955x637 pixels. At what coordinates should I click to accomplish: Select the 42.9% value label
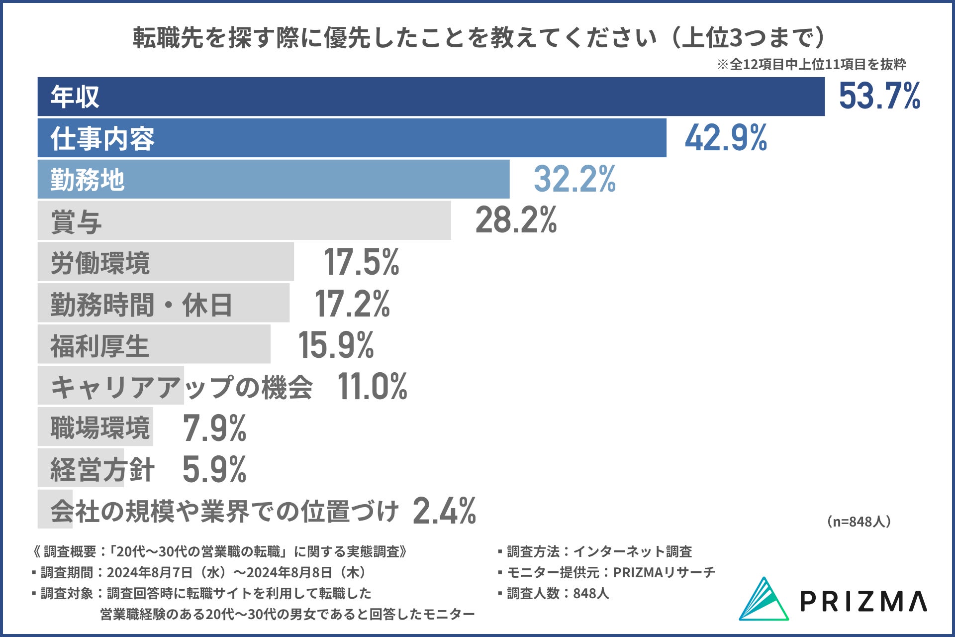[x=726, y=138]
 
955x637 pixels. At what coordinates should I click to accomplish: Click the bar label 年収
[x=75, y=97]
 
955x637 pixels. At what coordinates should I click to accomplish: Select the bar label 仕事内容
[x=102, y=138]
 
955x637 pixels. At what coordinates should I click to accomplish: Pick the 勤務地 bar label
[x=87, y=180]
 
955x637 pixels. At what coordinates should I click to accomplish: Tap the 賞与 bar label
[x=76, y=221]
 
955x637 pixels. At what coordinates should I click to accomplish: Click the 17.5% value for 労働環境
[x=361, y=262]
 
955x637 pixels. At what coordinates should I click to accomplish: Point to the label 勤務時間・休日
[x=141, y=305]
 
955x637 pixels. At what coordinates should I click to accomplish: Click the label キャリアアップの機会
[x=182, y=387]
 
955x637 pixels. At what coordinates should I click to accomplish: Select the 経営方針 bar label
[x=102, y=469]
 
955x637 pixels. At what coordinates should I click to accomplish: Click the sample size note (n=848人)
[x=859, y=522]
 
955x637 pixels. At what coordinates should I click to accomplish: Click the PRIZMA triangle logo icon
[x=764, y=599]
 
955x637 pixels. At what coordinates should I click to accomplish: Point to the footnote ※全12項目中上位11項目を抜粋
[x=811, y=64]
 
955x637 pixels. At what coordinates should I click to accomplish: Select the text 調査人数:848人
[x=558, y=593]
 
